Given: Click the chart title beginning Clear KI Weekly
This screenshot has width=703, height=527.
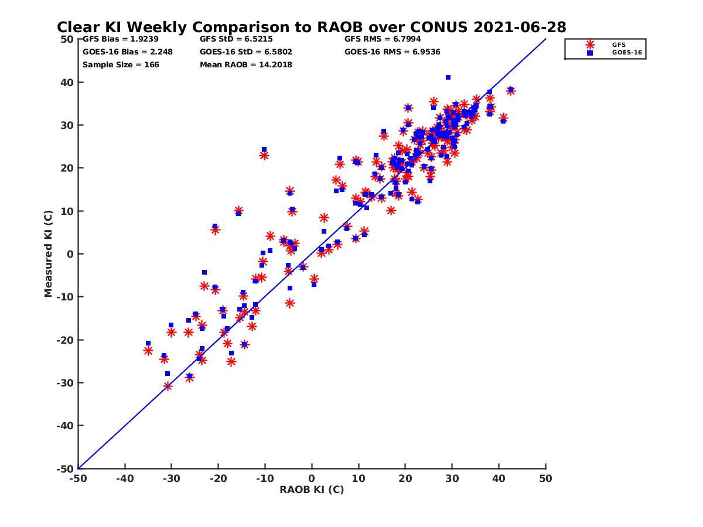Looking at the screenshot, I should [311, 27].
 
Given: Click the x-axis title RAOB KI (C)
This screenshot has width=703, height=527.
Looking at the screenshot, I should [312, 490].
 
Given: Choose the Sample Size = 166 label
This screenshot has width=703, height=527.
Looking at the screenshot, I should [121, 64].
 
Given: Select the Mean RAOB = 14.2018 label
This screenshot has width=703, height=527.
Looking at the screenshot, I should [245, 64].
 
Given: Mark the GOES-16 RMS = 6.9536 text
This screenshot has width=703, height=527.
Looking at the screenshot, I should [392, 52].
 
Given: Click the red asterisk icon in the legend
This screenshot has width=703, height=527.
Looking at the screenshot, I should [590, 45].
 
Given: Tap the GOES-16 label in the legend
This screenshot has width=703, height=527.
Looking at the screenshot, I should [623, 53].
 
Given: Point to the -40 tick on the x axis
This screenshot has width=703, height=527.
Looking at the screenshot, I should [125, 478].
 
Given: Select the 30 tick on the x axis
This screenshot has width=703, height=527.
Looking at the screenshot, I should [452, 478].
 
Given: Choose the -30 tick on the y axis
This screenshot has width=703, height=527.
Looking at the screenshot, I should [65, 382].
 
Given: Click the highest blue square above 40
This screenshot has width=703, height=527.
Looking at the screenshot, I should [448, 77].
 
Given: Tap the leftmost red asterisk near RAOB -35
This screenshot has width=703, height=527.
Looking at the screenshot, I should [148, 351].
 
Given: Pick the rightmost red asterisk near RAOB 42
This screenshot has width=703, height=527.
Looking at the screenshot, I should [511, 91].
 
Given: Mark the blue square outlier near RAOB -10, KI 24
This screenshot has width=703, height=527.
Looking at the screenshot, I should [264, 149].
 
